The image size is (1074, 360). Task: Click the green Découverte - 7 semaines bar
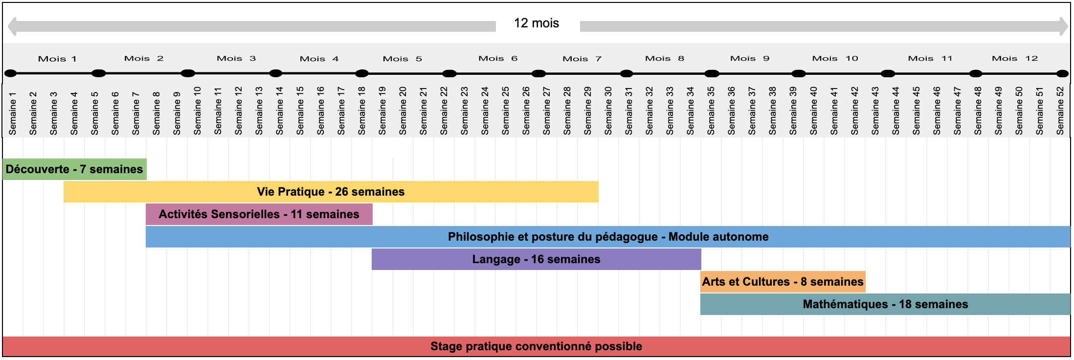74,169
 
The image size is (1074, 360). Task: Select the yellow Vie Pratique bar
331,192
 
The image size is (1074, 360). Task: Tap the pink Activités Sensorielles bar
259,214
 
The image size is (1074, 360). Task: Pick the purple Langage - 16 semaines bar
537,259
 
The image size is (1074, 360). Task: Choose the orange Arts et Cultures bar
783,282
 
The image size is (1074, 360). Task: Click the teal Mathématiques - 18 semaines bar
885,304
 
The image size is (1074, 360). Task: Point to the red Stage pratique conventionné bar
537,346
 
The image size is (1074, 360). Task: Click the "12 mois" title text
537,23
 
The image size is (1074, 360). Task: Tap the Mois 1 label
57,59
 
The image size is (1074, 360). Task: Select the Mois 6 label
498,58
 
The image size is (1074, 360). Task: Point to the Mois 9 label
750,58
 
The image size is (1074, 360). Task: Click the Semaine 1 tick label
13,113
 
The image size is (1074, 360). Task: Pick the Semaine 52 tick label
1060,111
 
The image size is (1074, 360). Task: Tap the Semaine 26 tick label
526,111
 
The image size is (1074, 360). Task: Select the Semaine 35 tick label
711,111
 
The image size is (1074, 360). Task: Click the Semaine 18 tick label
362,111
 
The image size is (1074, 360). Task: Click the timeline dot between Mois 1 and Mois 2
99,73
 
